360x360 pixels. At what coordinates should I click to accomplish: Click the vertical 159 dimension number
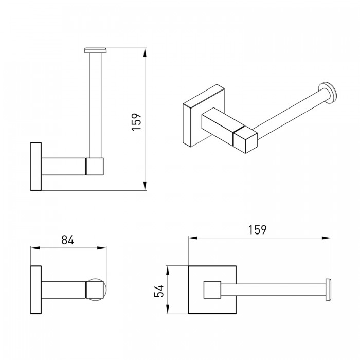pyautogui.click(x=136, y=122)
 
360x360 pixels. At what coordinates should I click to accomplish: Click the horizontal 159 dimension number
pyautogui.click(x=258, y=230)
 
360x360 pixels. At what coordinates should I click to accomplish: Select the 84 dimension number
pyautogui.click(x=67, y=240)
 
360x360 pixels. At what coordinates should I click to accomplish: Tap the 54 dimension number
pyautogui.click(x=159, y=291)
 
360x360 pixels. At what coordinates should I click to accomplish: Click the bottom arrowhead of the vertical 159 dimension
pyautogui.click(x=145, y=186)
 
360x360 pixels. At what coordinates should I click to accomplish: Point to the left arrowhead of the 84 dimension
pyautogui.click(x=35, y=248)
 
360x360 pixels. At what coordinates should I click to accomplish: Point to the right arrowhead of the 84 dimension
pyautogui.click(x=102, y=248)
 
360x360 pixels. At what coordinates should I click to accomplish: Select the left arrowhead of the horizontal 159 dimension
pyautogui.click(x=193, y=238)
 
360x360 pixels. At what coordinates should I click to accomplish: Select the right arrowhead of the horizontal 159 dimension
pyautogui.click(x=326, y=238)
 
